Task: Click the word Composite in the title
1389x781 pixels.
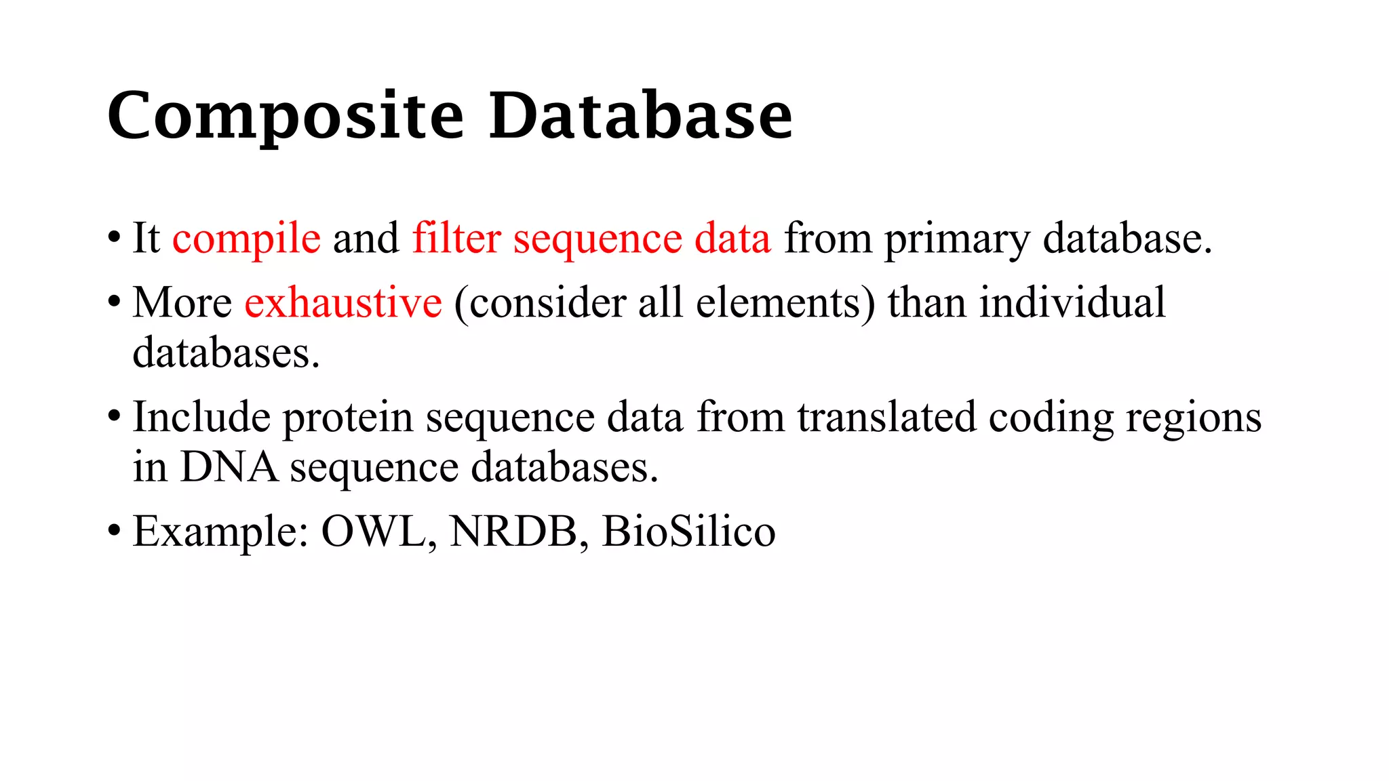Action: pyautogui.click(x=286, y=116)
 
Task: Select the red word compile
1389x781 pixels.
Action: pyautogui.click(x=246, y=239)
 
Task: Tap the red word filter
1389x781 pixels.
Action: pyautogui.click(x=456, y=238)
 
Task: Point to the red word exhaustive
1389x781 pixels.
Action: pyautogui.click(x=343, y=302)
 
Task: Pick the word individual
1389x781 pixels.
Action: pyautogui.click(x=1072, y=302)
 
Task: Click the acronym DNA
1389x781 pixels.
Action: pyautogui.click(x=229, y=467)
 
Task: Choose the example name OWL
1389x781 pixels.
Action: pyautogui.click(x=374, y=531)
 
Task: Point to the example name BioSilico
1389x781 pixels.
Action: pyautogui.click(x=688, y=531)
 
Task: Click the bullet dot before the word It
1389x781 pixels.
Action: pyautogui.click(x=114, y=238)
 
